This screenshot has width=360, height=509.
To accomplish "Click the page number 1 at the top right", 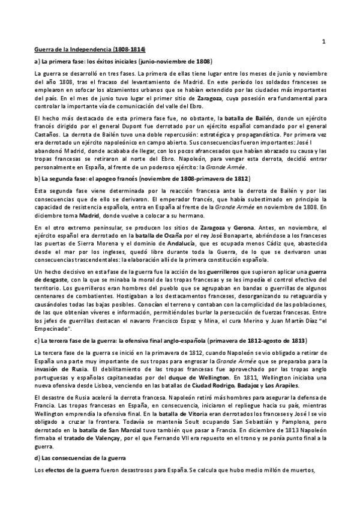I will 323,41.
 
